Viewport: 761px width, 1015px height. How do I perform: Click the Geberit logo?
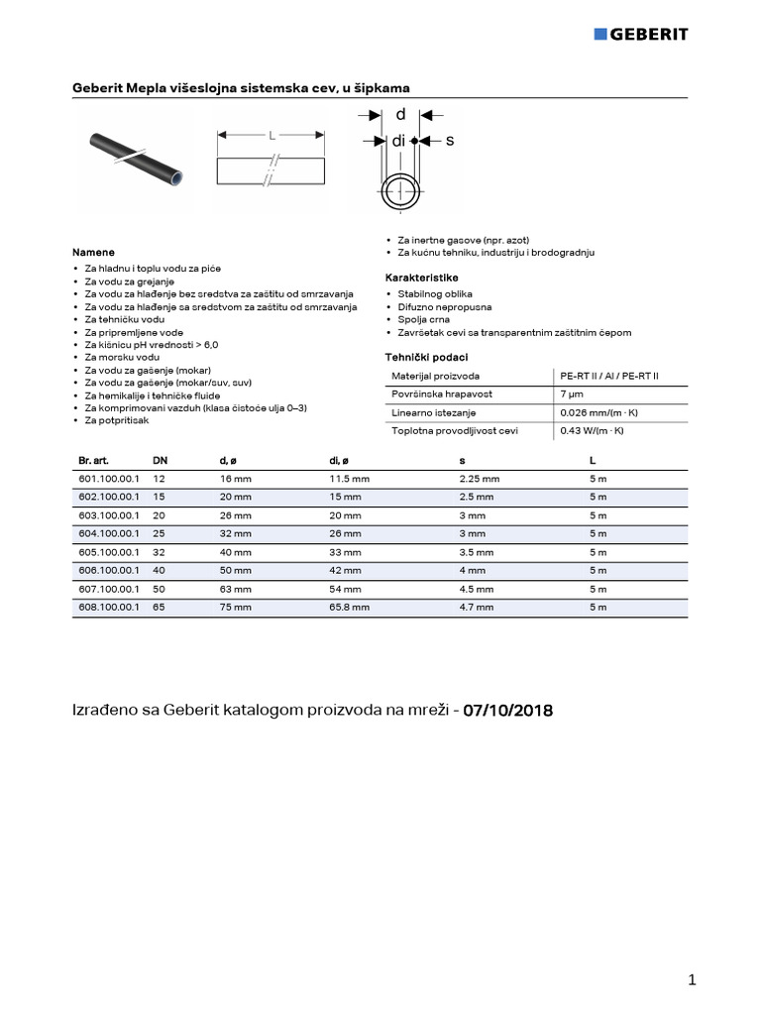(x=640, y=34)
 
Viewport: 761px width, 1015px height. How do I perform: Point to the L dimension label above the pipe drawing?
(x=272, y=134)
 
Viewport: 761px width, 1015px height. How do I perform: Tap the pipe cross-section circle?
(x=400, y=188)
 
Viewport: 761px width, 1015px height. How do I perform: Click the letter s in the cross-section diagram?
(x=449, y=142)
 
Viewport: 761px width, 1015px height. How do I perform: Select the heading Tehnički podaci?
(x=426, y=357)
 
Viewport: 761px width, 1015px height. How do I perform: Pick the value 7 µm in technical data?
(x=571, y=395)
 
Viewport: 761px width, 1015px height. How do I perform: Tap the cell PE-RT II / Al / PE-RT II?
(x=608, y=377)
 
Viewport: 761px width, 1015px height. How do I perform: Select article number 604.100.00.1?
(x=109, y=533)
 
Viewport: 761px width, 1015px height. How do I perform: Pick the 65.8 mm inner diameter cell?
(x=349, y=607)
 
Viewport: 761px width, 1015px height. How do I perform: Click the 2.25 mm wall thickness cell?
(x=480, y=479)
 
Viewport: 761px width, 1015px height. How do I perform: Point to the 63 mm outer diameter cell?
(x=236, y=589)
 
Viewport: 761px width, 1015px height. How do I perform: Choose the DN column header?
(x=160, y=461)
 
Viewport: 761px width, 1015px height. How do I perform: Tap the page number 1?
(x=692, y=980)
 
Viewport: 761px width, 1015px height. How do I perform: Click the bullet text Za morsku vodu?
(x=122, y=356)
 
